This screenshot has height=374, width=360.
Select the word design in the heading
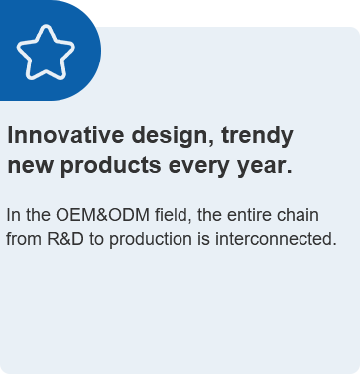pyautogui.click(x=174, y=136)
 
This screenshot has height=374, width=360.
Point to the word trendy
pyautogui.click(x=257, y=136)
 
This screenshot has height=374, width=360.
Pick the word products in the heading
pyautogui.click(x=111, y=165)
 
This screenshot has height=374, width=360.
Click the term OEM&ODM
pyautogui.click(x=102, y=215)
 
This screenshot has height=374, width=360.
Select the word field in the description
pyautogui.click(x=174, y=215)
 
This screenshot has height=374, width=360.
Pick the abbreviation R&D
pyautogui.click(x=65, y=239)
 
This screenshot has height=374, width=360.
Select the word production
pyautogui.click(x=151, y=240)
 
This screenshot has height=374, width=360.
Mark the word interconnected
pyautogui.click(x=276, y=239)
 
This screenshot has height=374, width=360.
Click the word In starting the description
pyautogui.click(x=14, y=215)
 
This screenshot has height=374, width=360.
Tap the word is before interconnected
pyautogui.click(x=203, y=239)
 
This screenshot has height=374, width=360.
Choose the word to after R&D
pyautogui.click(x=96, y=240)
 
